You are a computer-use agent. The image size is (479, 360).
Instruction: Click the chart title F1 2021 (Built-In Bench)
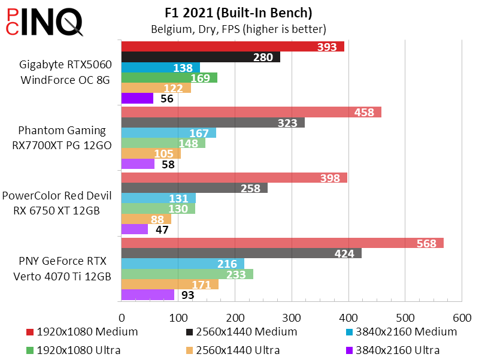pyautogui.click(x=239, y=13)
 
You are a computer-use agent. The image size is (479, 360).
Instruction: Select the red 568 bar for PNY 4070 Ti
pyautogui.click(x=282, y=243)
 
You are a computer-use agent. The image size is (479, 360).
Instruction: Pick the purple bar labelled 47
pyautogui.click(x=135, y=229)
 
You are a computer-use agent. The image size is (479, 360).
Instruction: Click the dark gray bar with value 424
pyautogui.click(x=241, y=253)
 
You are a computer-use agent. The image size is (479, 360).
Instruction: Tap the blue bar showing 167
pyautogui.click(x=169, y=133)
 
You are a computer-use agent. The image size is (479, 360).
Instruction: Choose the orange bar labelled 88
pyautogui.click(x=146, y=219)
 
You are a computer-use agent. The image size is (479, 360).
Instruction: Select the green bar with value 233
pyautogui.click(x=187, y=274)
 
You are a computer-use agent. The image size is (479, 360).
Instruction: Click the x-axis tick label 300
pyautogui.click(x=291, y=317)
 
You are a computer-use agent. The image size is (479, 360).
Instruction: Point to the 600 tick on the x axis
pyautogui.click(x=462, y=317)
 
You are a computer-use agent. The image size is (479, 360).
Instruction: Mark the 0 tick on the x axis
pyautogui.click(x=122, y=317)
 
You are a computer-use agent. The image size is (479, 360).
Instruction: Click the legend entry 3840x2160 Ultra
pyautogui.click(x=393, y=350)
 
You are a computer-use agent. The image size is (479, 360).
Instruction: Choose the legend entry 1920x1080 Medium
pyautogui.click(x=83, y=331)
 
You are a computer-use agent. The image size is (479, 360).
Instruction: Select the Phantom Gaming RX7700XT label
pyautogui.click(x=62, y=138)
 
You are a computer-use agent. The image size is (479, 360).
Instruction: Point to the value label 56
pyautogui.click(x=167, y=99)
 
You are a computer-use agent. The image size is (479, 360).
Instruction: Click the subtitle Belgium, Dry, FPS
pyautogui.click(x=238, y=29)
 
